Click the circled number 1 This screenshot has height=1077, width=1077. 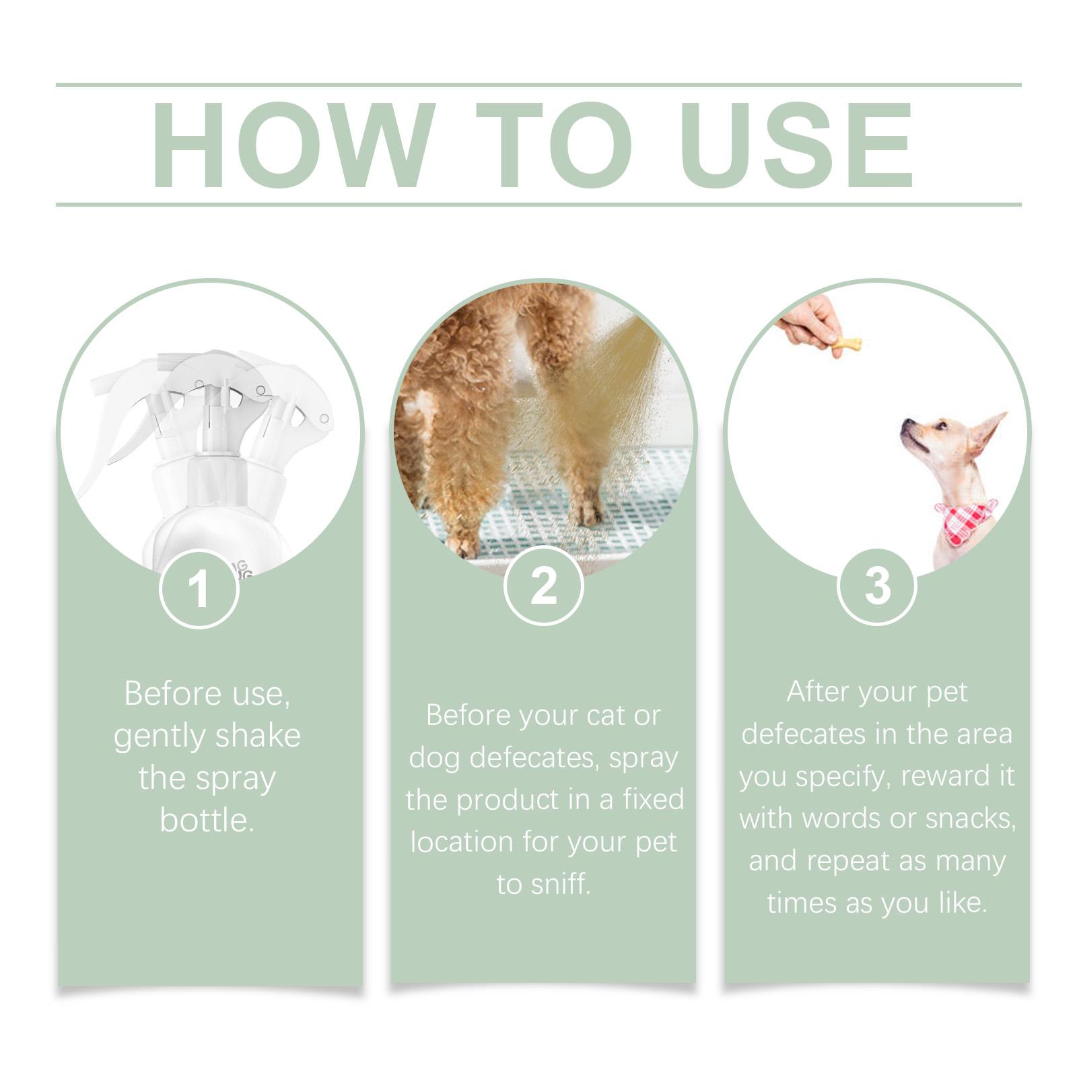pos(199,589)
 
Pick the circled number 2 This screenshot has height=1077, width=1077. pos(543,586)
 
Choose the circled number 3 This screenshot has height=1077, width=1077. pos(877,586)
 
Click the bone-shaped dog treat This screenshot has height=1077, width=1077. pos(845,346)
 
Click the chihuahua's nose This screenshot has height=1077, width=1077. pos(906,423)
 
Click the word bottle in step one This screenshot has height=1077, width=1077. pos(207,820)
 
